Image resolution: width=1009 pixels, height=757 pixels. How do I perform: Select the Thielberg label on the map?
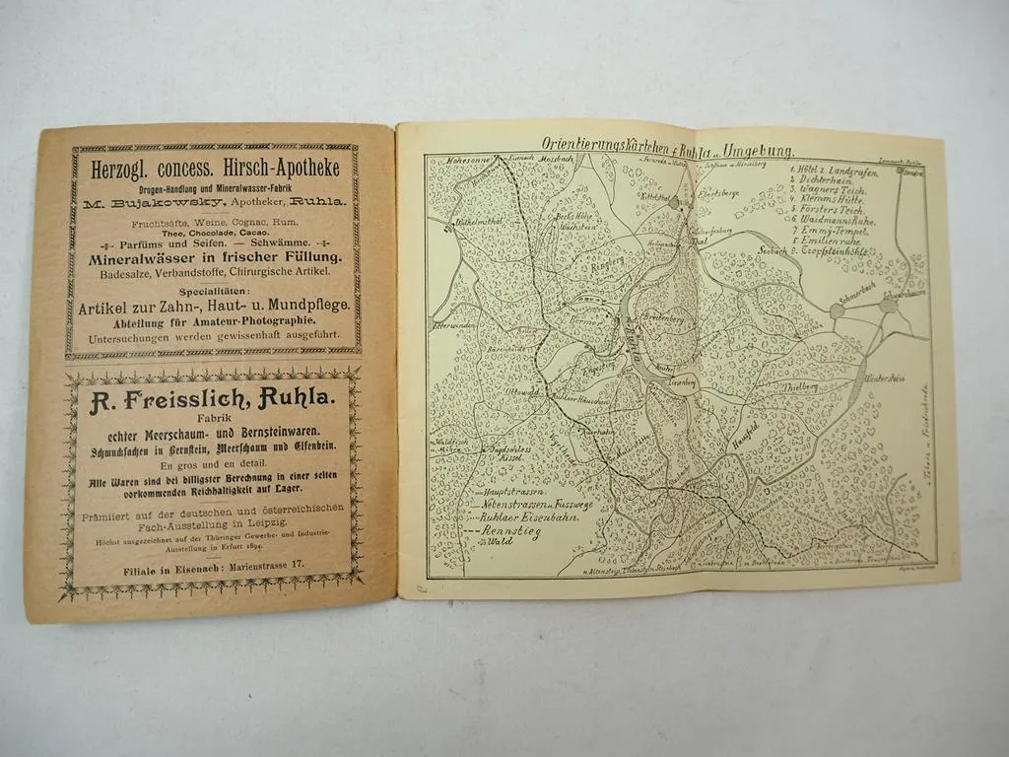point(799,386)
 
